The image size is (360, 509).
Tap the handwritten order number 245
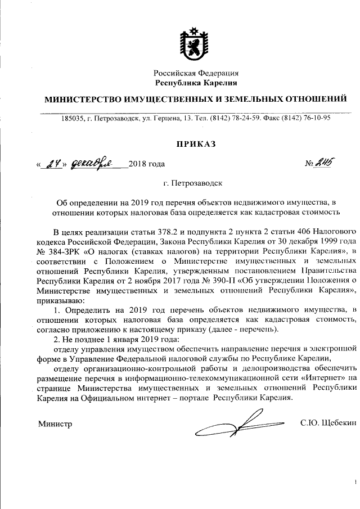(x=325, y=163)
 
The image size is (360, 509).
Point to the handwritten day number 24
(x=53, y=164)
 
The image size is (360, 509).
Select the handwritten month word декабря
(x=93, y=163)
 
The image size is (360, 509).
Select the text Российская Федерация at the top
(x=197, y=73)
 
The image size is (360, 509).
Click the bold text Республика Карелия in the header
(x=197, y=83)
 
